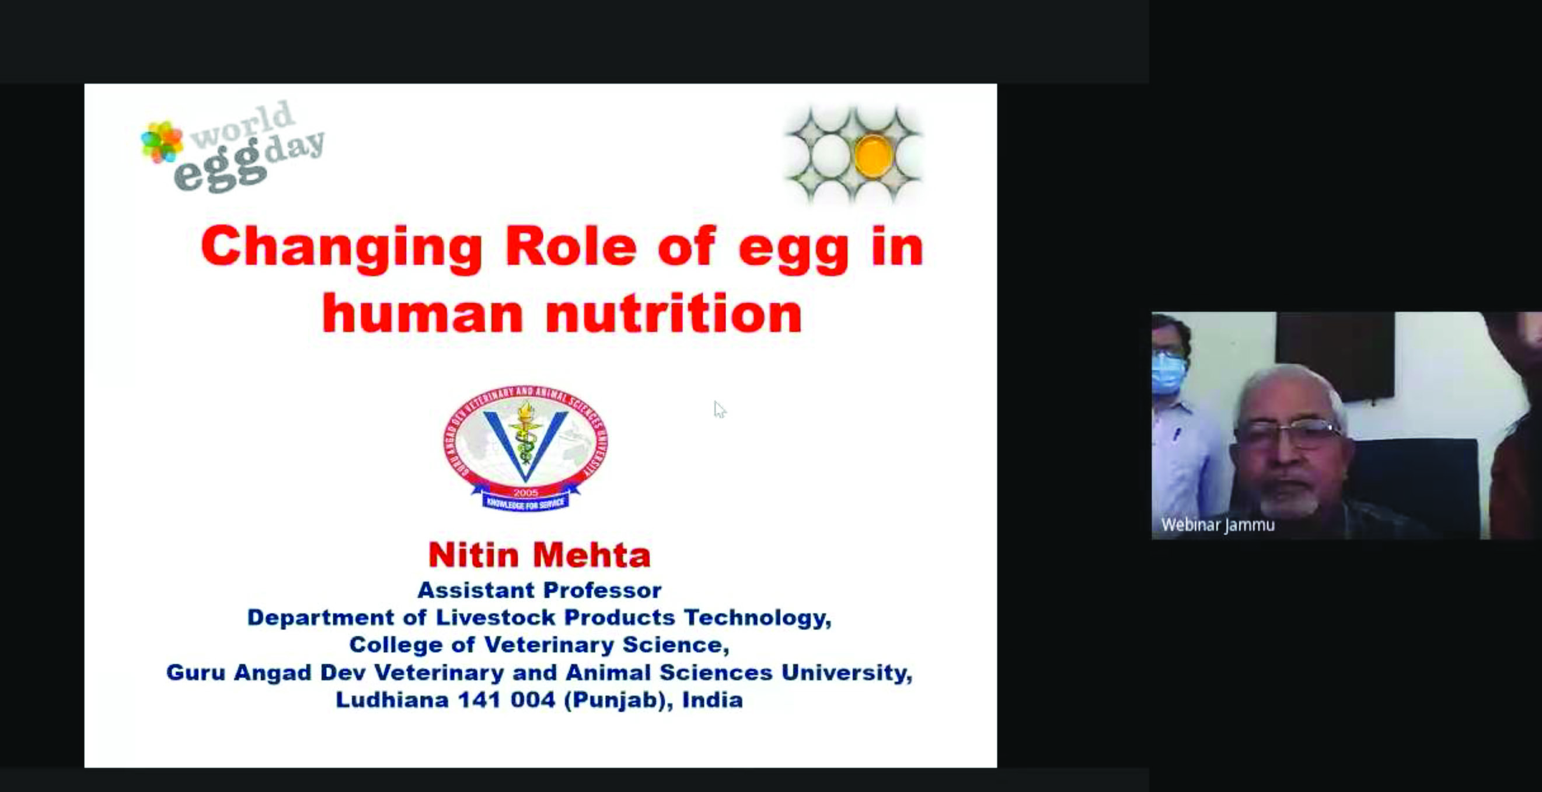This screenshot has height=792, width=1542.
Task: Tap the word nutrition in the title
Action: tap(674, 313)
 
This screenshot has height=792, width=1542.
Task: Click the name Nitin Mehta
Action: tap(539, 555)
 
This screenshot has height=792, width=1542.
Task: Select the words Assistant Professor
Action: tap(539, 590)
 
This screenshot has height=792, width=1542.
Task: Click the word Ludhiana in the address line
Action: tap(392, 699)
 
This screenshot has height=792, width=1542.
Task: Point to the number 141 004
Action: tap(507, 700)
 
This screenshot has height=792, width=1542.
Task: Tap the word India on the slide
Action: tap(712, 699)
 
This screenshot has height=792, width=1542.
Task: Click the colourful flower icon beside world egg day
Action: tap(162, 142)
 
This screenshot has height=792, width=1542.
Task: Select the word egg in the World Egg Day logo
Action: tap(219, 169)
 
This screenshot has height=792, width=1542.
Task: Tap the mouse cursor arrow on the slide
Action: tap(720, 410)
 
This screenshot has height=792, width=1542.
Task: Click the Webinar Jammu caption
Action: tap(1217, 525)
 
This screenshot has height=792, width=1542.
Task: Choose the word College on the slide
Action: tap(396, 645)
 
